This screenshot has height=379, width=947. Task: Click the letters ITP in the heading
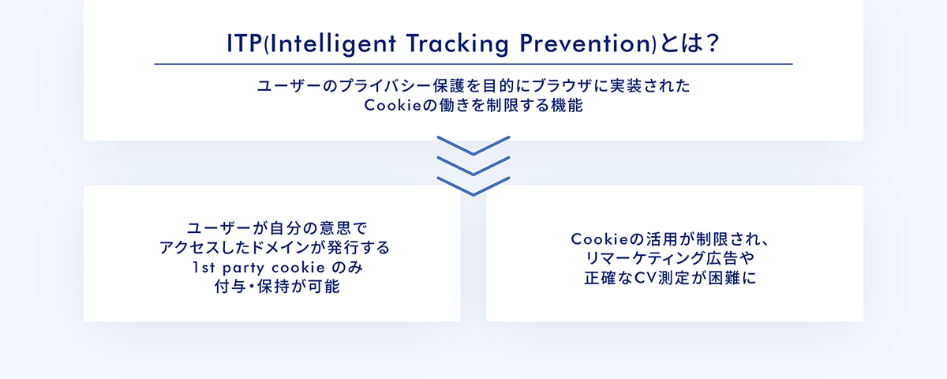pyautogui.click(x=245, y=43)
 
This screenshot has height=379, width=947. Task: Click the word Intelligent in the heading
pyautogui.click(x=332, y=44)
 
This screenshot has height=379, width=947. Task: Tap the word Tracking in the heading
pyautogui.click(x=458, y=44)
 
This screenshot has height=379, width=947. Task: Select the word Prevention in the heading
pyautogui.click(x=586, y=43)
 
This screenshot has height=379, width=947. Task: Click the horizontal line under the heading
pyautogui.click(x=473, y=64)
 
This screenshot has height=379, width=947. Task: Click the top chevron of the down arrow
pyautogui.click(x=473, y=145)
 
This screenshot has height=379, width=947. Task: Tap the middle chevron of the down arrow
pyautogui.click(x=473, y=166)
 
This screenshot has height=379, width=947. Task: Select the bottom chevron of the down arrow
pyautogui.click(x=473, y=186)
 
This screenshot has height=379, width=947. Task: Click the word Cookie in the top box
pyautogui.click(x=393, y=105)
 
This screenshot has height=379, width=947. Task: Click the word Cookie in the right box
pyautogui.click(x=600, y=239)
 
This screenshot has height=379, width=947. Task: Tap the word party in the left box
pyautogui.click(x=244, y=268)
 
